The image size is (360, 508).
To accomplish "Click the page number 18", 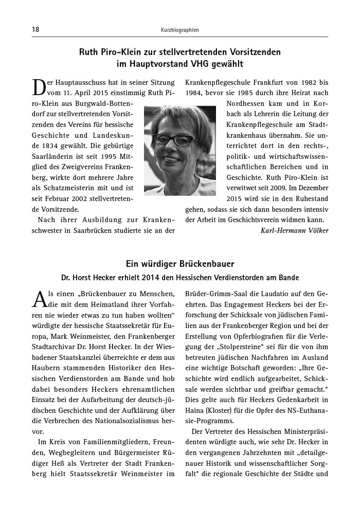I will pos(35,30).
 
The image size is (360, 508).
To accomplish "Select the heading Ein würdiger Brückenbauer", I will pos(179,264).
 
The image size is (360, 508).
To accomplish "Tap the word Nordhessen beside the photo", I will pos(246,104).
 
